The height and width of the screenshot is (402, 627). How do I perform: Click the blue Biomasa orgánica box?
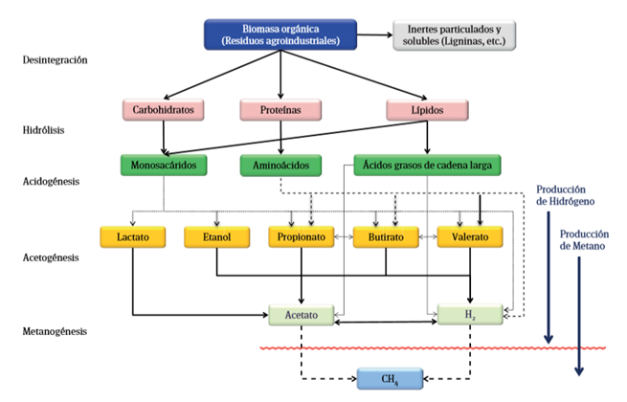pos(280,34)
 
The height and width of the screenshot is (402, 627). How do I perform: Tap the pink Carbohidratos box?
pos(165,110)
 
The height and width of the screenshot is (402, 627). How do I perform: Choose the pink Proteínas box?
pos(280,110)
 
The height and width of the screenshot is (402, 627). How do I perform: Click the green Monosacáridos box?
pos(165,165)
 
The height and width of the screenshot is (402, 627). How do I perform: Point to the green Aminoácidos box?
pos(280,165)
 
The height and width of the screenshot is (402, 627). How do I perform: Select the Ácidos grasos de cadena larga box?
pos(428,165)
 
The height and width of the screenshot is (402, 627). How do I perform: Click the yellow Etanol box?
pos(217,237)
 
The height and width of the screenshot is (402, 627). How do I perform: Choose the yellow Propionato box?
pos(302,237)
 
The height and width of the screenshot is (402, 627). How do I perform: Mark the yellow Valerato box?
pos(470,237)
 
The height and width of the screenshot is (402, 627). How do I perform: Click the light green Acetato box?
pos(302,314)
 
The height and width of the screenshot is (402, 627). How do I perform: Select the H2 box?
pos(470,314)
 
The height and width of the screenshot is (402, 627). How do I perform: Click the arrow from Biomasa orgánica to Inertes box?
pos(375,34)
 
